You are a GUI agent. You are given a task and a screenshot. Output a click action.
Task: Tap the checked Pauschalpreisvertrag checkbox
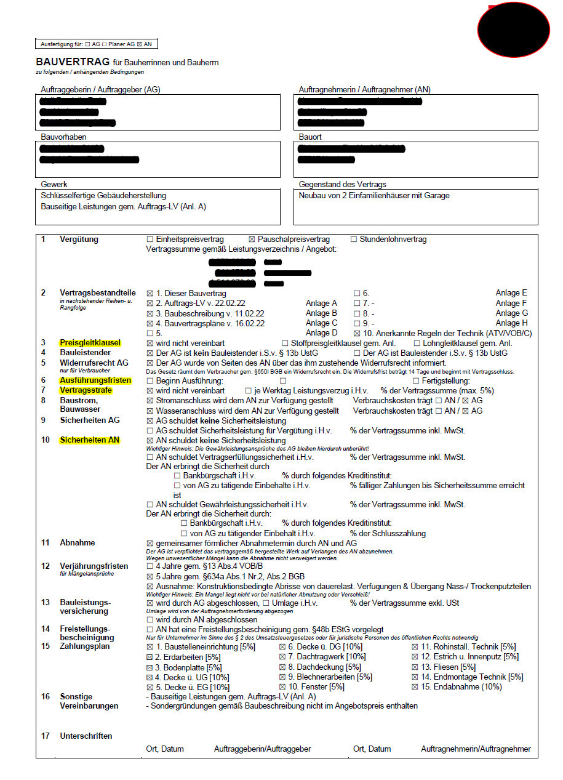(x=251, y=239)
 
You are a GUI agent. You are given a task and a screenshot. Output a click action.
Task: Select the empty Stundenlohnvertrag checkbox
(x=354, y=239)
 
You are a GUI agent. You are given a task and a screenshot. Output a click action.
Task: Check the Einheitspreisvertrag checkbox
(x=150, y=239)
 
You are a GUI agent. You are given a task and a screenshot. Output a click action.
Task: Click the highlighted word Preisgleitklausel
(x=90, y=343)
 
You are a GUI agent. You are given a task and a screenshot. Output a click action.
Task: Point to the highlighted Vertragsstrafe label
(x=86, y=390)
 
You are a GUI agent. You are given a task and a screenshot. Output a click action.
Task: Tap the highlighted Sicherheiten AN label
(x=90, y=440)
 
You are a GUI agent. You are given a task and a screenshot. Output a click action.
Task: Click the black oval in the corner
(x=514, y=28)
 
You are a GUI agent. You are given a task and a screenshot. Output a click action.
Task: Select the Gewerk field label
(x=54, y=184)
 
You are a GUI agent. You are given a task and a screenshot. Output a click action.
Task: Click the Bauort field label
(x=310, y=137)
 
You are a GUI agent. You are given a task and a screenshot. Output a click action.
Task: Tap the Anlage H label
(x=511, y=323)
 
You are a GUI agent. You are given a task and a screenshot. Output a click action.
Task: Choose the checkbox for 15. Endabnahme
(x=415, y=686)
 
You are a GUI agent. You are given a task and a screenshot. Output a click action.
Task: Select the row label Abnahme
(x=77, y=543)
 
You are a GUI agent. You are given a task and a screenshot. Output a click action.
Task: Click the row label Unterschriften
(x=86, y=736)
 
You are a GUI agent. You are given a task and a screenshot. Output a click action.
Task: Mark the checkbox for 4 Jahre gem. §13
(x=150, y=566)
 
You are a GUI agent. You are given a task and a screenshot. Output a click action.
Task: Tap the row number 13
(x=45, y=601)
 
